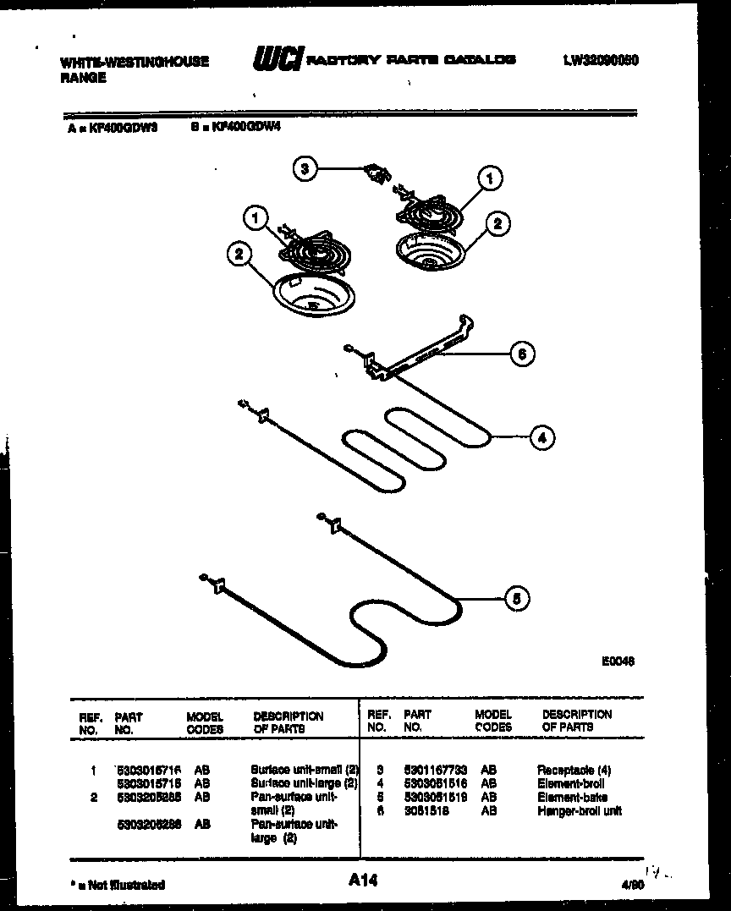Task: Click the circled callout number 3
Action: click(x=306, y=169)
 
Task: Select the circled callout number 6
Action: click(x=522, y=354)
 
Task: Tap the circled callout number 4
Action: click(x=541, y=437)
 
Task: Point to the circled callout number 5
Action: click(x=517, y=599)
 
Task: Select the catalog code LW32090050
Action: click(x=600, y=61)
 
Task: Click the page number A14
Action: click(x=362, y=881)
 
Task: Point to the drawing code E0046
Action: click(x=618, y=661)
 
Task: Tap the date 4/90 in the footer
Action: click(x=630, y=884)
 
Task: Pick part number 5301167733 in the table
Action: click(x=435, y=771)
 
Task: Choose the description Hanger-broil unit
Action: click(x=579, y=810)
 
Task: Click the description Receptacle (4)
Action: click(x=574, y=771)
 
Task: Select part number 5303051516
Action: click(x=435, y=784)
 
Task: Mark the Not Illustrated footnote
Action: click(x=118, y=885)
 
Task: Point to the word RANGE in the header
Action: click(x=83, y=78)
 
